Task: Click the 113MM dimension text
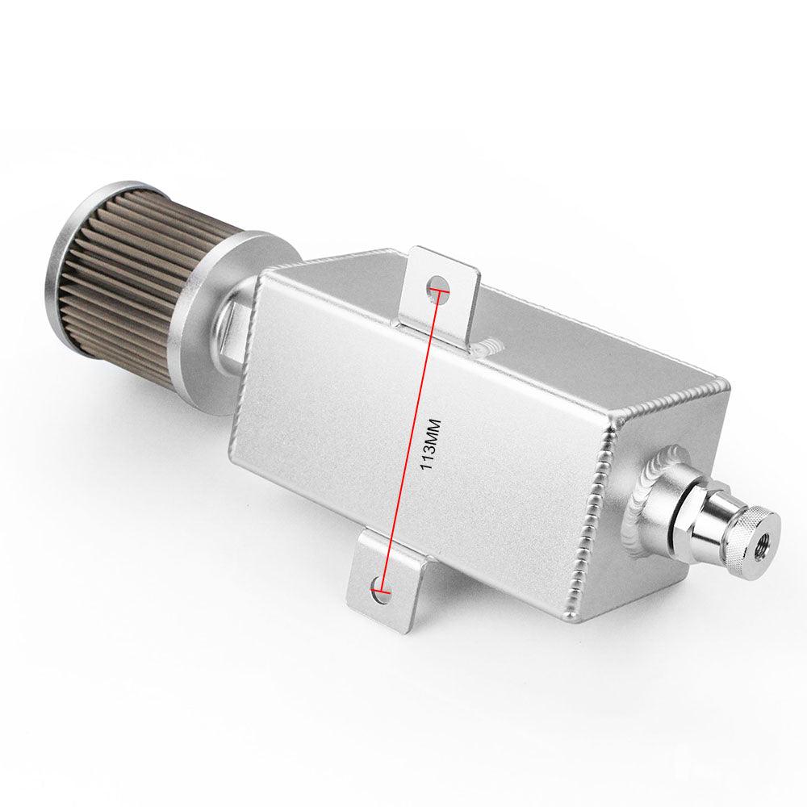click(x=431, y=444)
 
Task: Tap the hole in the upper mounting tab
click(x=437, y=286)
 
